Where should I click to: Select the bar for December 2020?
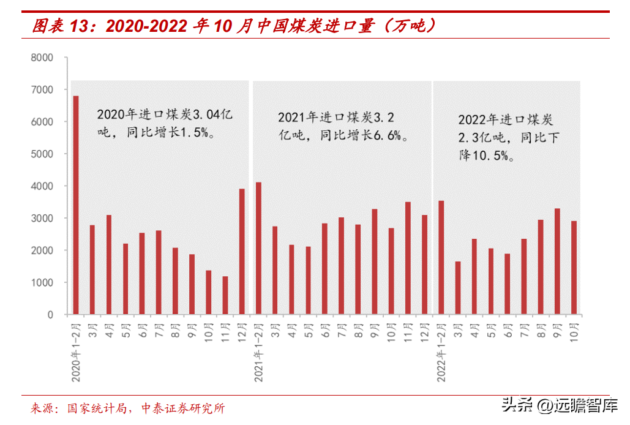[x=242, y=252]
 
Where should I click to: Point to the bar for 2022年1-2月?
[x=441, y=258]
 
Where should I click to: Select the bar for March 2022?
[x=457, y=288]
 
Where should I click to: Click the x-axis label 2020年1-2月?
[x=77, y=352]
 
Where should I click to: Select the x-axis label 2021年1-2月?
[x=259, y=352]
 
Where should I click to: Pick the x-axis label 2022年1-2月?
[x=441, y=352]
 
